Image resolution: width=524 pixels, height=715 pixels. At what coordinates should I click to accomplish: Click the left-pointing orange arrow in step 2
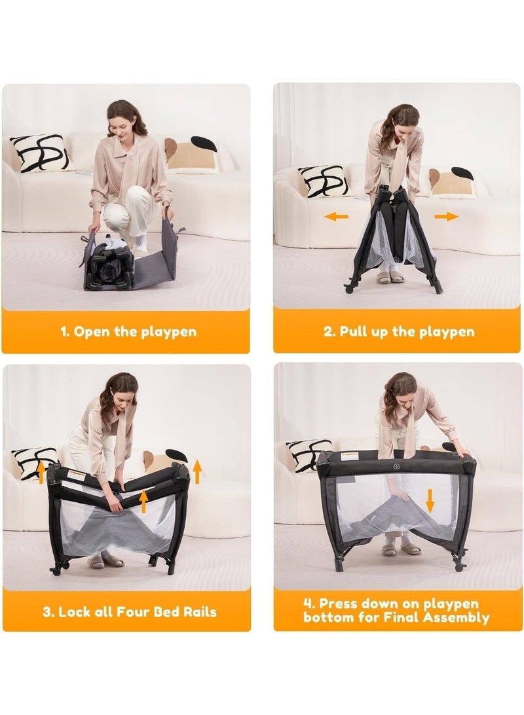click(336, 217)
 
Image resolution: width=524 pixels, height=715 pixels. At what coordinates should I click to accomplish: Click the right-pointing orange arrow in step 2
click(447, 216)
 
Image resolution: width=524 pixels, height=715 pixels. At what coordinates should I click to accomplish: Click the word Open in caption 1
click(92, 331)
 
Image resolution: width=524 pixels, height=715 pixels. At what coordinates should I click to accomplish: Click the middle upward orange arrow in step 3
click(143, 501)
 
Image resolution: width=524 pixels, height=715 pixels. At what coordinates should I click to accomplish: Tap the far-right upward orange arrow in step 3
click(197, 472)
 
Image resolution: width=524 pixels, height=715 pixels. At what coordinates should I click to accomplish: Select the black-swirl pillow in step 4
click(307, 454)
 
